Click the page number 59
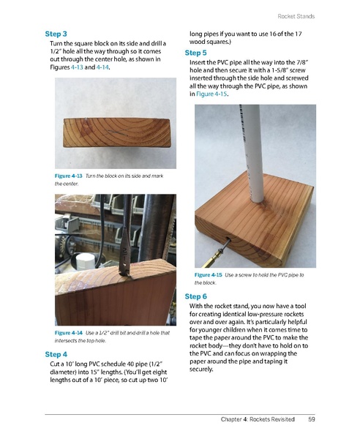pyautogui.click(x=312, y=419)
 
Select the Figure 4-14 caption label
pyautogui.click(x=69, y=333)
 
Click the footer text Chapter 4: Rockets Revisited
pyautogui.click(x=258, y=419)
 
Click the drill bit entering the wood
pyautogui.click(x=126, y=249)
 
